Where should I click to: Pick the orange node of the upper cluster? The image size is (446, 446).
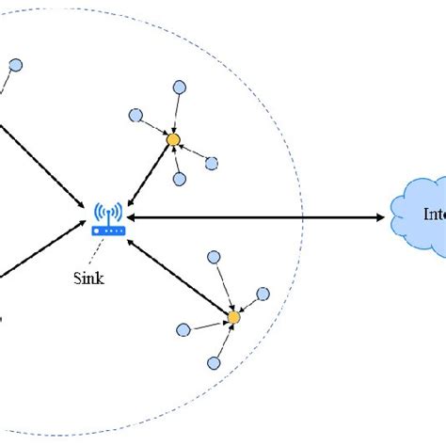pyautogui.click(x=173, y=140)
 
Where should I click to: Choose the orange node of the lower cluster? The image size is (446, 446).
pyautogui.click(x=233, y=318)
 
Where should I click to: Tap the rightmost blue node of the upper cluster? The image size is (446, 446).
pyautogui.click(x=214, y=163)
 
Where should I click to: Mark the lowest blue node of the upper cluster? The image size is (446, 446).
pyautogui.click(x=179, y=179)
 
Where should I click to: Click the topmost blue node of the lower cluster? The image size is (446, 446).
pyautogui.click(x=215, y=257)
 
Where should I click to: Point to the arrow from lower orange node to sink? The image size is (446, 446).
pyautogui.click(x=179, y=277)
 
